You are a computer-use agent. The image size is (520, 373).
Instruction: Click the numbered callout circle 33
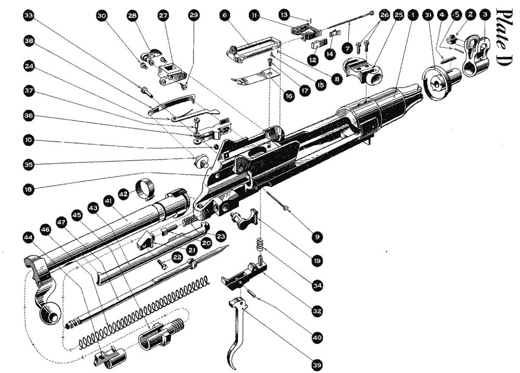coord(29,17)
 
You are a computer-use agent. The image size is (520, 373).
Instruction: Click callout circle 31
coord(427,16)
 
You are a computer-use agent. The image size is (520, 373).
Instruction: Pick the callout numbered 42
coord(123,194)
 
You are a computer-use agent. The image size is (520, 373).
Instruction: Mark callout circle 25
coord(398,16)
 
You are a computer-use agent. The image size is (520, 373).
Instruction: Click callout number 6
coord(225,16)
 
